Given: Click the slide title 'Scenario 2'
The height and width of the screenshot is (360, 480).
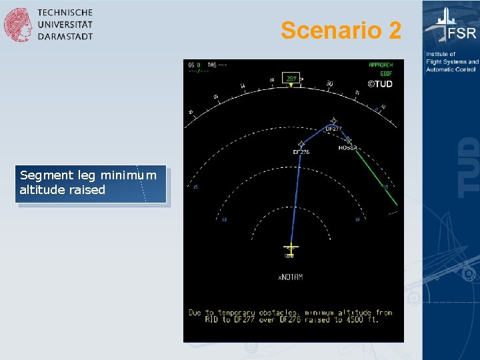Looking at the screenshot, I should tap(341, 30).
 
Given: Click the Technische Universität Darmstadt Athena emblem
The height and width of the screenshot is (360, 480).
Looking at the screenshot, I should tap(17, 25).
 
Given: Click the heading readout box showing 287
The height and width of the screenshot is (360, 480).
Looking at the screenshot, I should tap(291, 78).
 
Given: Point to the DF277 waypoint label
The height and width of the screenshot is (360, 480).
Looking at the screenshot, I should tap(333, 129).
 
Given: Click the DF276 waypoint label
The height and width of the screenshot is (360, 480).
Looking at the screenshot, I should tap(301, 152).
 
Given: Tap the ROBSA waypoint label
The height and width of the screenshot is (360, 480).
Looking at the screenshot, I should tap(347, 148).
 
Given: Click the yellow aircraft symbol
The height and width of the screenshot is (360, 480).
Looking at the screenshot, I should tap(290, 247).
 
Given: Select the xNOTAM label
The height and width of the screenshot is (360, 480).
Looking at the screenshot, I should tap(290, 277).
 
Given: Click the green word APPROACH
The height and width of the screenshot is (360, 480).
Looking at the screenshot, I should tap(381, 65).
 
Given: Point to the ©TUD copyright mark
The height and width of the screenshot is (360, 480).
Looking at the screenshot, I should tap(381, 84).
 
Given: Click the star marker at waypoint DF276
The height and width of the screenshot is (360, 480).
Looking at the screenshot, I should tap(301, 143).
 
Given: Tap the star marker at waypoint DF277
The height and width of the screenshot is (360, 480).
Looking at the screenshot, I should tap(333, 121).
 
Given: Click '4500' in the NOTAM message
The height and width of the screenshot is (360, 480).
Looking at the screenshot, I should tap(353, 319).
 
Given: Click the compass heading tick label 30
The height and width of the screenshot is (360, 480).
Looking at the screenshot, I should tap(329, 83).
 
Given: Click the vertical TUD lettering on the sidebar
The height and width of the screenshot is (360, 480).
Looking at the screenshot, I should tap(469, 167).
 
